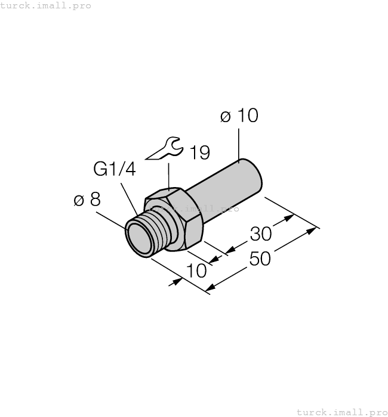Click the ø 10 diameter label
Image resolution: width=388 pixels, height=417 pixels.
[x=239, y=116]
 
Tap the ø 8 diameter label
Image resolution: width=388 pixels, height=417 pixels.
[x=87, y=200]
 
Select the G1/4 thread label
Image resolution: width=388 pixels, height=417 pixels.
[x=115, y=169]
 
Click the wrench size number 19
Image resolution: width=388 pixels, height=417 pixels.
[x=199, y=153]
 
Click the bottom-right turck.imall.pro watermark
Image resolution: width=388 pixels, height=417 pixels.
[x=341, y=412]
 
